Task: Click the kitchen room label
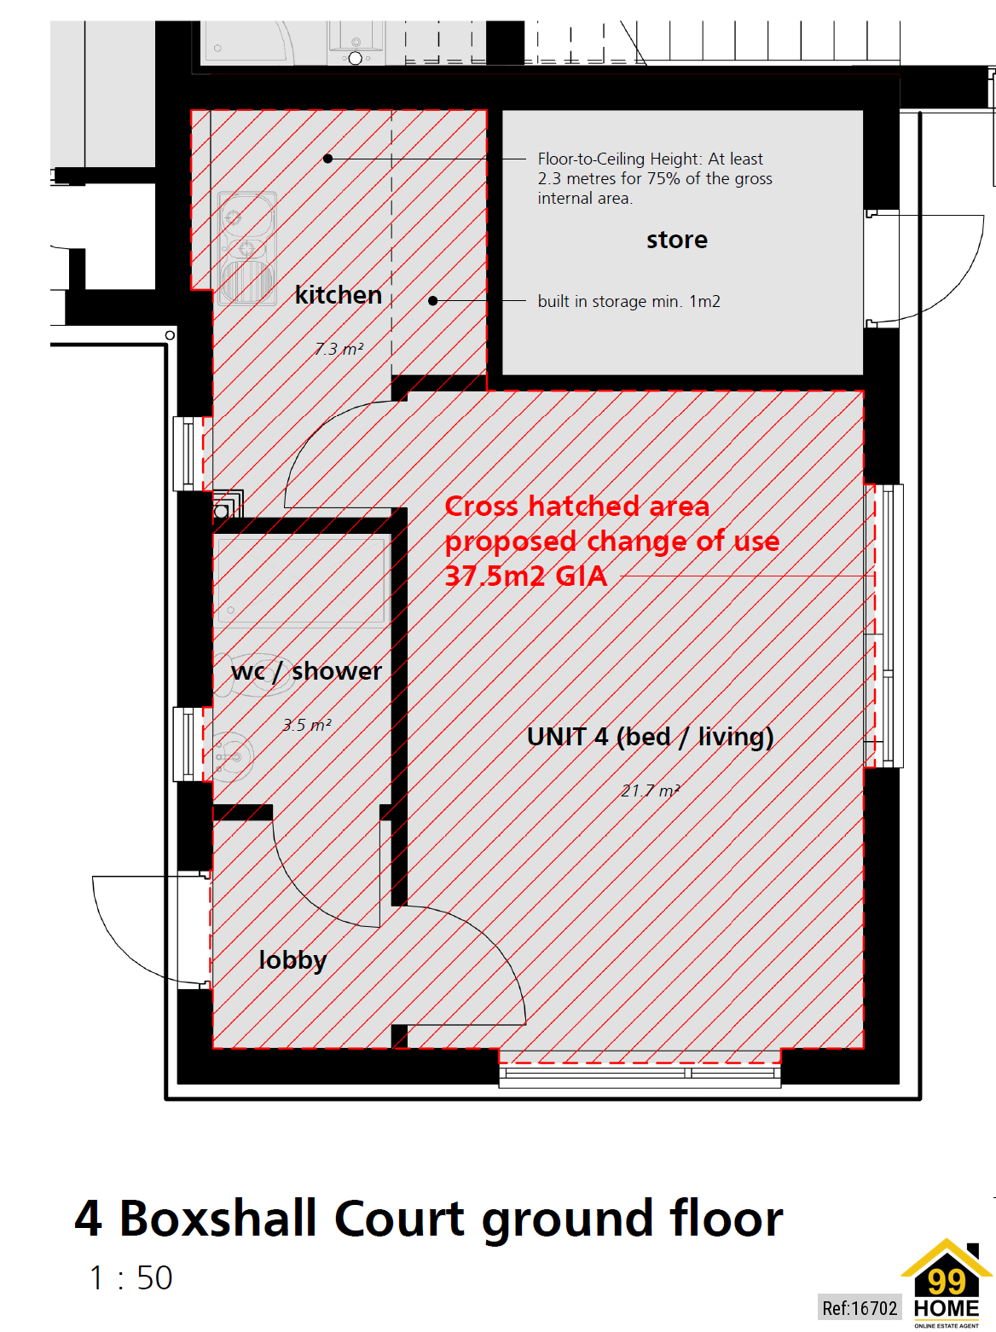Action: [x=338, y=295]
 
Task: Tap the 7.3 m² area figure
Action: [x=339, y=349]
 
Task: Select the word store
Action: [x=676, y=240]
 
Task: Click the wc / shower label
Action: [x=306, y=671]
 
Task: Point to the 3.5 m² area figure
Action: [x=307, y=726]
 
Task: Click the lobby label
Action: [x=292, y=960]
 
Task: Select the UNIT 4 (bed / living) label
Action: [x=650, y=737]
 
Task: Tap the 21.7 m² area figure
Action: [x=650, y=791]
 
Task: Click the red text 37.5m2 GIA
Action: [x=526, y=576]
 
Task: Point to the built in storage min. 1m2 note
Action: [x=628, y=301]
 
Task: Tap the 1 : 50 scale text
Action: [x=130, y=1277]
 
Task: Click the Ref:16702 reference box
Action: [x=860, y=1308]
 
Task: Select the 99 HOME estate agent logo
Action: [x=947, y=1284]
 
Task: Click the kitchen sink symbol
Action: [x=246, y=248]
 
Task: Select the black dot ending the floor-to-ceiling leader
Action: [x=327, y=159]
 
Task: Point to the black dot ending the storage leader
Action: [x=433, y=301]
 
